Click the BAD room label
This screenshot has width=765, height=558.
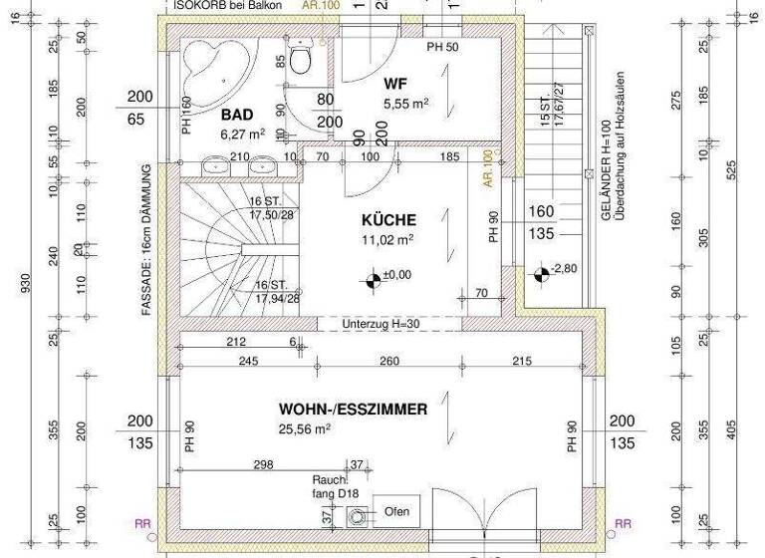(236, 116)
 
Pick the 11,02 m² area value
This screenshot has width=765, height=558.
(388, 240)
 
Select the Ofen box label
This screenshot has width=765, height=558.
(396, 512)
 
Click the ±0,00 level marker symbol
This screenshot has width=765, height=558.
(373, 280)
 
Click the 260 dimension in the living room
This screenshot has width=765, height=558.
(390, 361)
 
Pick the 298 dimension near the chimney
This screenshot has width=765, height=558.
(263, 465)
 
